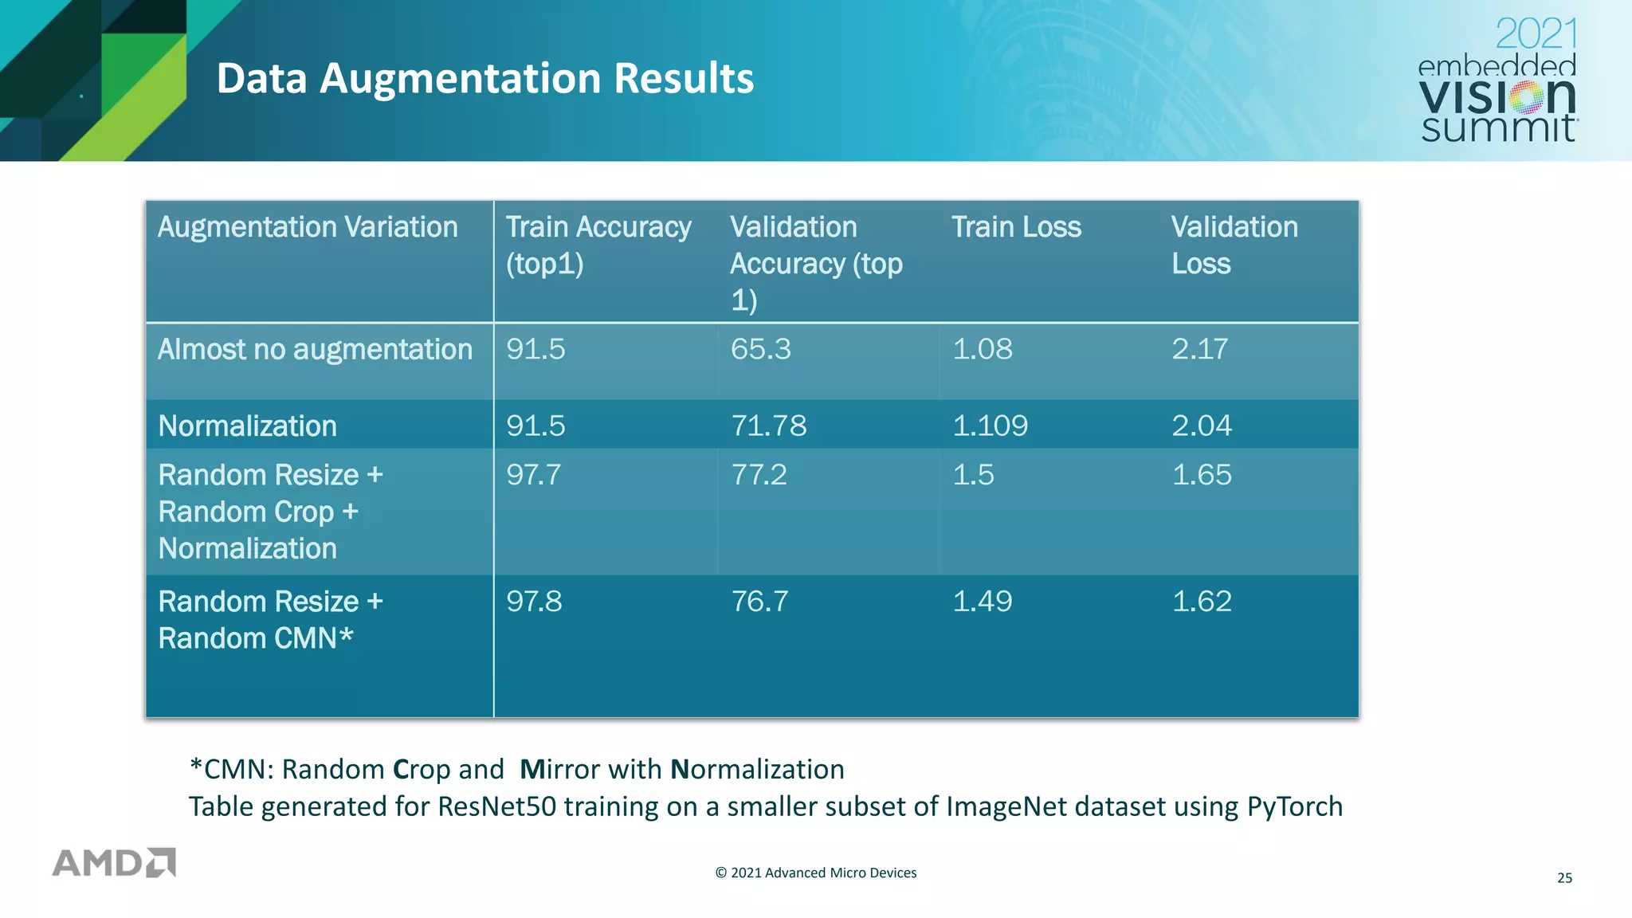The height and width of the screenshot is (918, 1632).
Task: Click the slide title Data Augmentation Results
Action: point(484,79)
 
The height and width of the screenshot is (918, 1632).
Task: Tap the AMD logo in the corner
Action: point(114,863)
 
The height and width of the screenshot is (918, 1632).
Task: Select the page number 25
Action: point(1564,878)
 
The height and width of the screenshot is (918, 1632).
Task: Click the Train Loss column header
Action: point(1016,228)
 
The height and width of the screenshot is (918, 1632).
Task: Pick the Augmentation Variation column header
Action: point(308,228)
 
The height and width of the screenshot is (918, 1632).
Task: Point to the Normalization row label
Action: point(248,426)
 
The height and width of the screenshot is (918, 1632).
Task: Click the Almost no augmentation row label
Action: point(315,350)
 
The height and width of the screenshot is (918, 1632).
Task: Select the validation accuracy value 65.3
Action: point(760,349)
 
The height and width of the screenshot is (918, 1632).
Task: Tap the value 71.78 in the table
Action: point(768,426)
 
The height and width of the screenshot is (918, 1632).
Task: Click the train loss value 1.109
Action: point(990,426)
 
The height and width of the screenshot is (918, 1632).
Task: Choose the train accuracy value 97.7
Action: point(533,475)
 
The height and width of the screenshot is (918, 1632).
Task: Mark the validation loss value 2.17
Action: point(1199,349)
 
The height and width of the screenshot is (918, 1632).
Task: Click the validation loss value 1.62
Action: point(1201,601)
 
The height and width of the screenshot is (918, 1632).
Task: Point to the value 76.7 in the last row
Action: point(759,601)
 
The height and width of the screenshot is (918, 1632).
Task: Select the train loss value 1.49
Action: point(982,601)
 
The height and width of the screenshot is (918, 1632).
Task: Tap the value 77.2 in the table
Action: point(759,475)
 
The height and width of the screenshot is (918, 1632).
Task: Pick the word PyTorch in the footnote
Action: point(1294,806)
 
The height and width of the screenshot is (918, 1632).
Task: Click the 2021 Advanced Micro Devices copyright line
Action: point(816,873)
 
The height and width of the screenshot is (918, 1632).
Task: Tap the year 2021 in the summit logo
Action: point(1536,34)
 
